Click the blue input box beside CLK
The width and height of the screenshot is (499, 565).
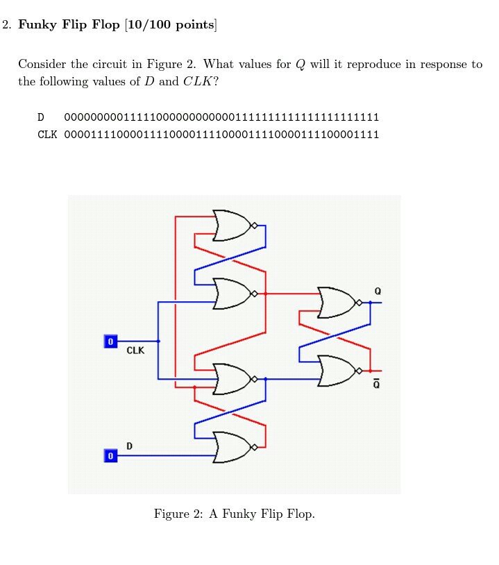(x=110, y=341)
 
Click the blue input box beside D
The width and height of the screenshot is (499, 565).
(x=110, y=456)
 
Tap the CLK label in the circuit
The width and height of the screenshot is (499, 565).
(x=135, y=351)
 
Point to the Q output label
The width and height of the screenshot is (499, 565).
(x=377, y=290)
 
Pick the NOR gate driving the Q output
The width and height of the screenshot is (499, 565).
(x=337, y=303)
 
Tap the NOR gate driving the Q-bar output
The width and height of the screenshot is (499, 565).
(x=337, y=371)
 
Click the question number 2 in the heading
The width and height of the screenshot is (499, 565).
(x=6, y=26)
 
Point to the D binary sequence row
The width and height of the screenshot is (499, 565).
(x=221, y=117)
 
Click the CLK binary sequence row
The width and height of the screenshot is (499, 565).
(x=221, y=135)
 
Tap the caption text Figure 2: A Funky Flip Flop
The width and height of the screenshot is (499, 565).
(x=234, y=514)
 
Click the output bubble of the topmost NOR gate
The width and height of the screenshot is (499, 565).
(x=255, y=225)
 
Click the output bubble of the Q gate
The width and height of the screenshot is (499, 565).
(x=359, y=303)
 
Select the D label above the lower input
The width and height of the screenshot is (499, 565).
(x=129, y=445)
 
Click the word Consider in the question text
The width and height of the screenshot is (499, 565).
(x=42, y=65)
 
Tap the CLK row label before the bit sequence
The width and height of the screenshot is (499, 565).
(x=47, y=135)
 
